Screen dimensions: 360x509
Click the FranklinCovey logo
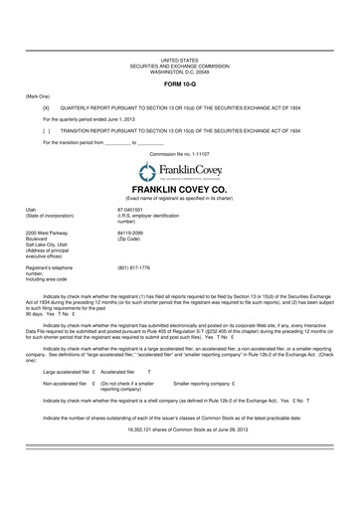[180, 172]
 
